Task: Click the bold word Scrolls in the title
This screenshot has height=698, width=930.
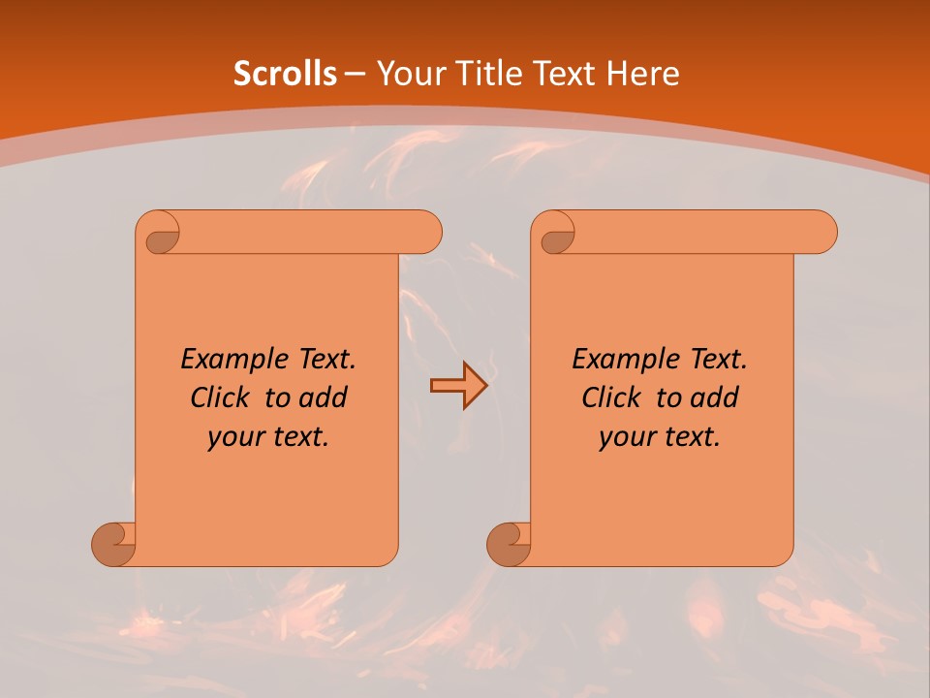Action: point(285,74)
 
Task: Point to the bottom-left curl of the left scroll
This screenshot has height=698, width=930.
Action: point(114,543)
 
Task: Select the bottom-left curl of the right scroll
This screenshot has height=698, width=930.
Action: point(510,543)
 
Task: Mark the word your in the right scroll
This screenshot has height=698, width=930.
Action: point(626,437)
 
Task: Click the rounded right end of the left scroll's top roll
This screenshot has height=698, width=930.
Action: point(426,232)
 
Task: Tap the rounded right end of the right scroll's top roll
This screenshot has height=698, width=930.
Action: point(821,232)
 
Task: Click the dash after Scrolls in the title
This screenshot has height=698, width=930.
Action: point(355,74)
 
